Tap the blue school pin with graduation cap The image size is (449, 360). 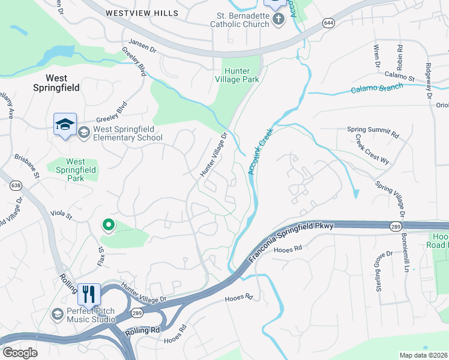click(65, 124)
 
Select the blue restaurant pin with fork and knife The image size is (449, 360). click(89, 295)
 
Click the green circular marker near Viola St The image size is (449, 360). click(108, 225)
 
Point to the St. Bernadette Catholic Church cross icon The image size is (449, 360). click(278, 20)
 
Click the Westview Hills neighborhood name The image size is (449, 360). click(142, 13)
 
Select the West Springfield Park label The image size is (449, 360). click(75, 170)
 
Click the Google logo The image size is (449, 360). click(20, 353)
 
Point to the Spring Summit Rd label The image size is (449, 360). click(373, 130)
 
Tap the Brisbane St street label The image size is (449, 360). click(28, 166)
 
